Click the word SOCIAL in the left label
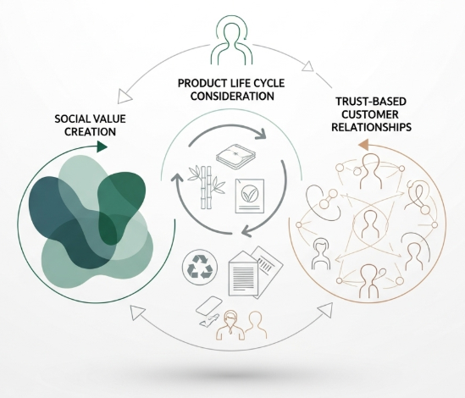pyautogui.click(x=72, y=119)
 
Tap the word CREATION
pyautogui.click(x=90, y=131)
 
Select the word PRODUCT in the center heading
pyautogui.click(x=198, y=83)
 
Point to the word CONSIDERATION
pyautogui.click(x=232, y=96)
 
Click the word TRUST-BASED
pyautogui.click(x=371, y=102)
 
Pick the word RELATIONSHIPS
pyautogui.click(x=371, y=127)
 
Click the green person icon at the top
pyautogui.click(x=231, y=41)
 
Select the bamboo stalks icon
pyautogui.click(x=207, y=187)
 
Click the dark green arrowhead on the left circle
pyautogui.click(x=102, y=146)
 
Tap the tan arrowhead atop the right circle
pyautogui.click(x=363, y=145)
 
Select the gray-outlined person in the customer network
pyautogui.click(x=320, y=253)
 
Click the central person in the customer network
pyautogui.click(x=369, y=224)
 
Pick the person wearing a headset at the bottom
pyautogui.click(x=231, y=324)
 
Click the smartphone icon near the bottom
pyautogui.click(x=208, y=306)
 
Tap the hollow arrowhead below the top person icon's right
pyautogui.click(x=308, y=66)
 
